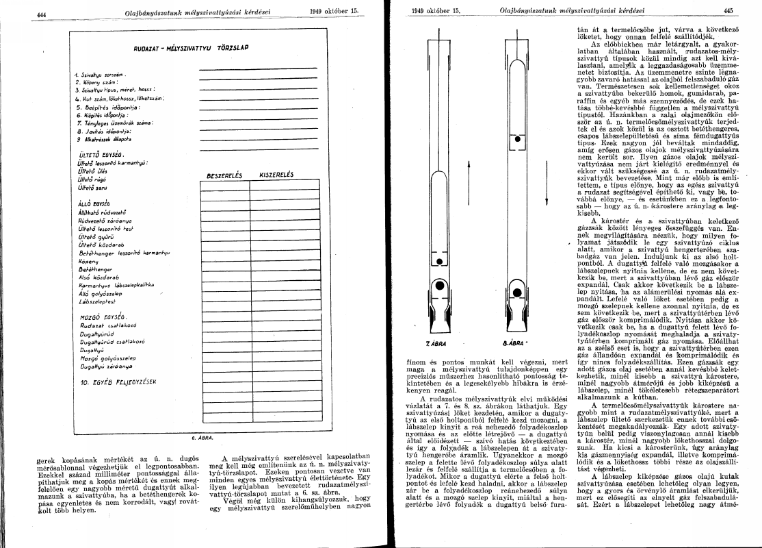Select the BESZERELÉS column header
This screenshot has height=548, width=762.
point(220,175)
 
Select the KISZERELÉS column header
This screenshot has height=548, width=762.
point(277,175)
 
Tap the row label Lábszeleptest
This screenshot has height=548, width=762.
point(99,301)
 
